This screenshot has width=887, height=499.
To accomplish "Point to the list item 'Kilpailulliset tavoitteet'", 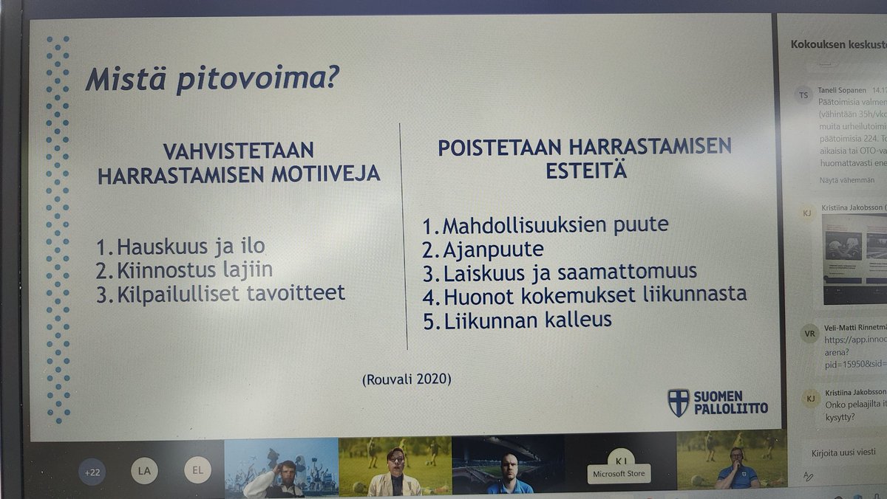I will pyautogui.click(x=221, y=293).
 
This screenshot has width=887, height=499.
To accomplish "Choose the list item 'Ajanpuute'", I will pyautogui.click(x=483, y=249).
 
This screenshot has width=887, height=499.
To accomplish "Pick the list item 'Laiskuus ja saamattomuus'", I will pyautogui.click(x=559, y=272).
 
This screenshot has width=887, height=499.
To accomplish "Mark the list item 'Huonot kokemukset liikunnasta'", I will pyautogui.click(x=584, y=295).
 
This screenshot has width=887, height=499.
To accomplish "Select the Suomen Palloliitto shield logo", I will pyautogui.click(x=677, y=402).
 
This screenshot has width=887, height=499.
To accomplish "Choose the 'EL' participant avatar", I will pyautogui.click(x=197, y=469).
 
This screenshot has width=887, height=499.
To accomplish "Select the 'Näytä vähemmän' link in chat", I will pyautogui.click(x=847, y=180).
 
